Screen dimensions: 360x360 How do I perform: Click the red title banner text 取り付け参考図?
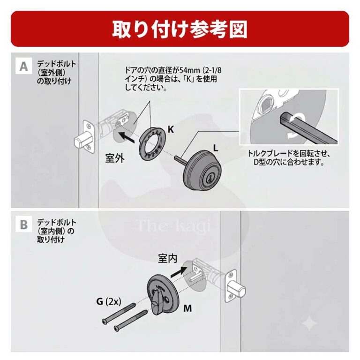[x=180, y=29]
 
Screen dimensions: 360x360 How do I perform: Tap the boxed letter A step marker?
[x=23, y=66]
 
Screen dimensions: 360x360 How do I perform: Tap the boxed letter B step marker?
[x=23, y=225]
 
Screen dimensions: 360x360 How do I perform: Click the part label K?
[x=171, y=129]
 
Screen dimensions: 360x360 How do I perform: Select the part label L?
[x=215, y=148]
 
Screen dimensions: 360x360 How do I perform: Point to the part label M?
[x=187, y=308]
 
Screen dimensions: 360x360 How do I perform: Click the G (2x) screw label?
[x=109, y=301]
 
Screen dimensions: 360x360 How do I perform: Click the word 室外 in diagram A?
[x=115, y=158]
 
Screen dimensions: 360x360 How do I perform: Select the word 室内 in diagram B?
[x=168, y=259]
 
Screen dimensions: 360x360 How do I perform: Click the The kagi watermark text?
[x=173, y=225]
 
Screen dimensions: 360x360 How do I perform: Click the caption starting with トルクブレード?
[x=289, y=157]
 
